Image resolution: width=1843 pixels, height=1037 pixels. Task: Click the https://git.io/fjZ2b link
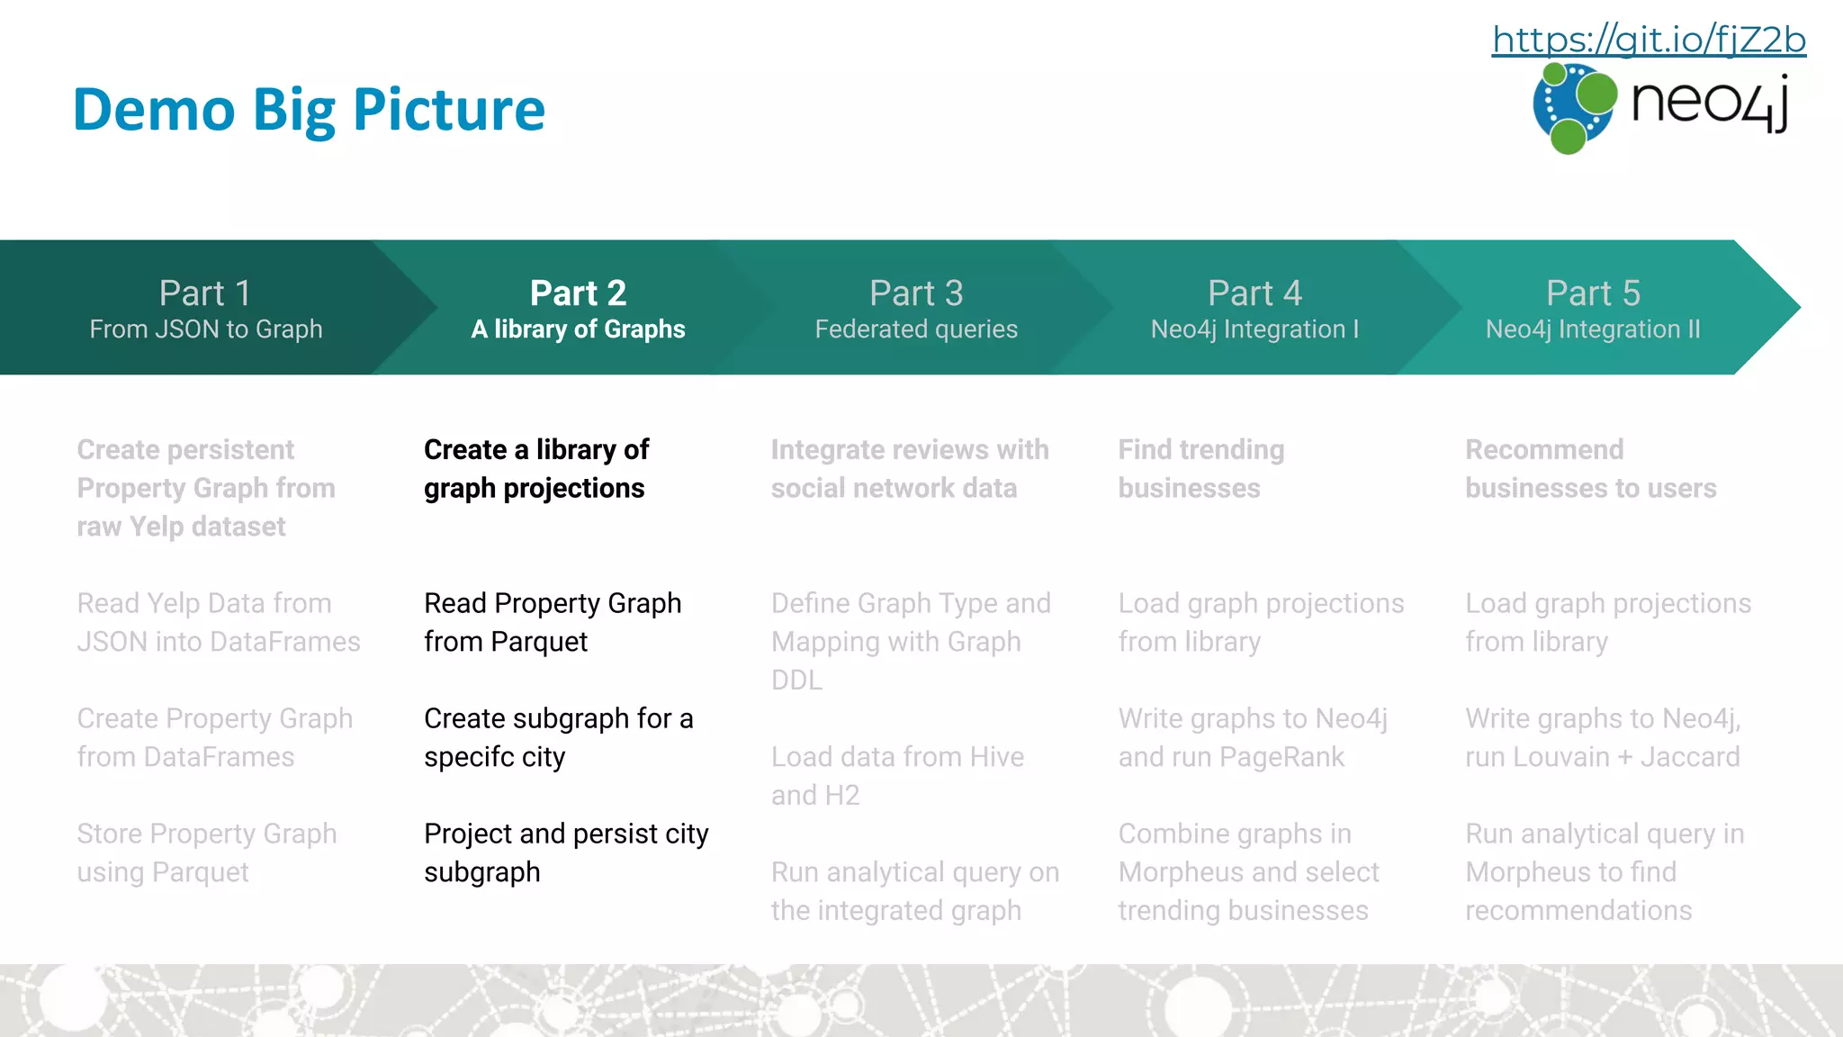click(x=1649, y=40)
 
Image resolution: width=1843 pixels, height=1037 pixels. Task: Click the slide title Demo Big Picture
click(x=309, y=110)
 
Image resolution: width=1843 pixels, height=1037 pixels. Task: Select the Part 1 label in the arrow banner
click(x=205, y=293)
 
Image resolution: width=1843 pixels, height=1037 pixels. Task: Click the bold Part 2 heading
click(x=578, y=293)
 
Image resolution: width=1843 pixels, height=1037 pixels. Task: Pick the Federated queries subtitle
click(x=916, y=329)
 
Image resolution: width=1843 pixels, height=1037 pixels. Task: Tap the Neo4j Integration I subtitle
click(x=1254, y=329)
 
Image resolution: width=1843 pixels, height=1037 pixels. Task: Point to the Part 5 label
click(x=1593, y=293)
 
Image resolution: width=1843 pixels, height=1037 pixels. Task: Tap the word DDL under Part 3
click(x=796, y=681)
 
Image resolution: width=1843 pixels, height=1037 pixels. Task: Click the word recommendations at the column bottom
click(x=1578, y=910)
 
